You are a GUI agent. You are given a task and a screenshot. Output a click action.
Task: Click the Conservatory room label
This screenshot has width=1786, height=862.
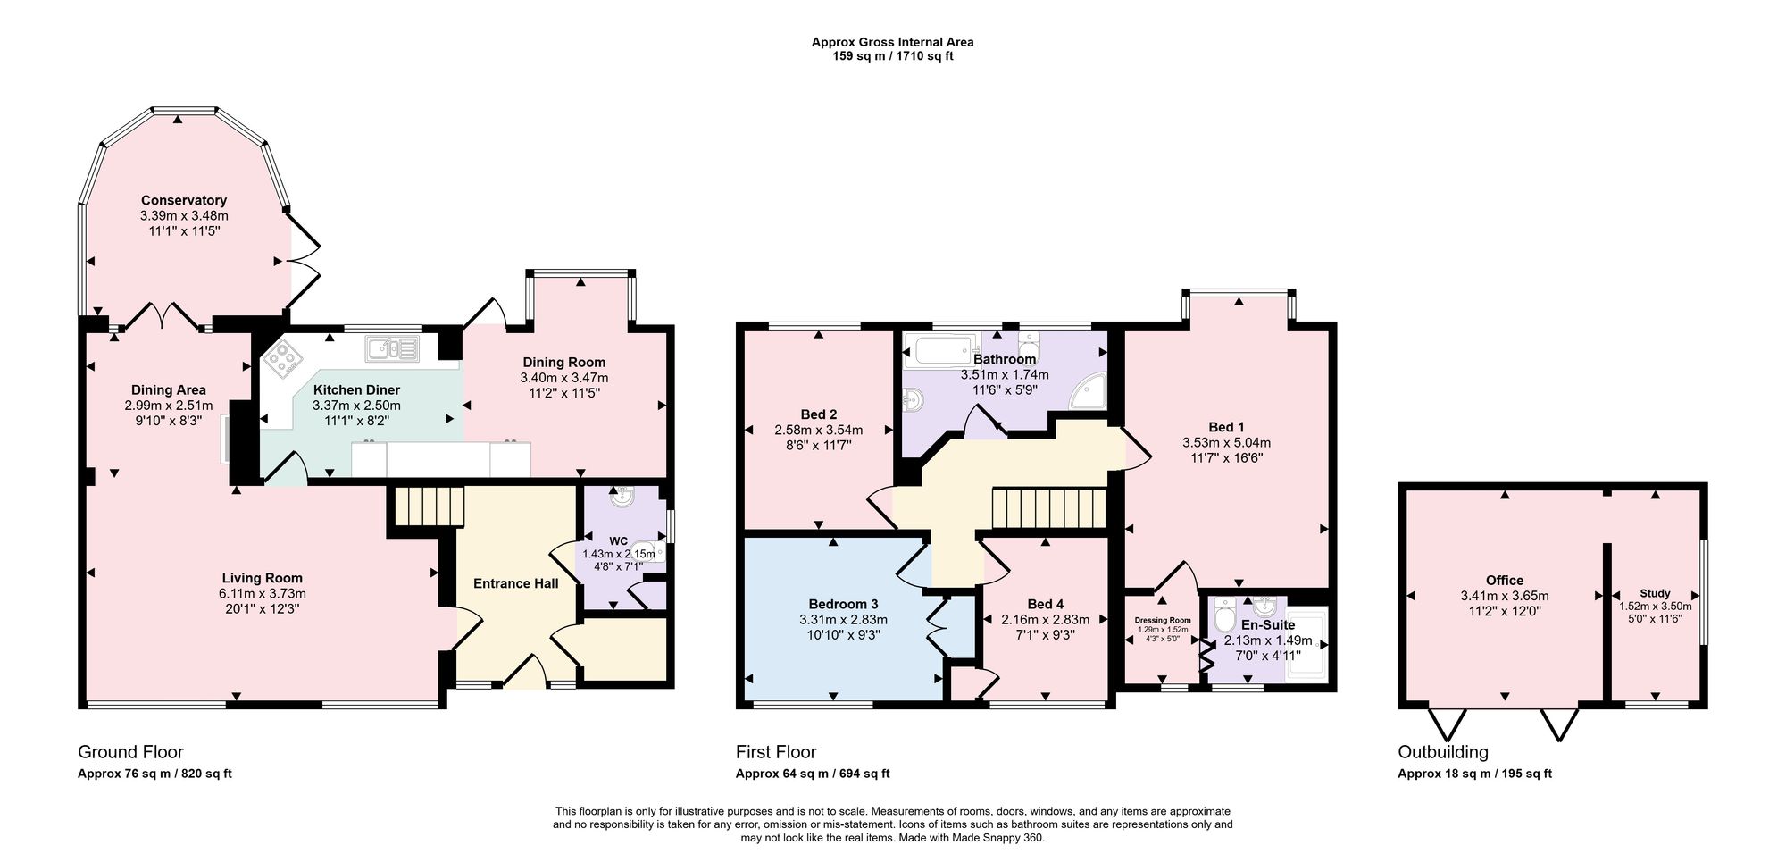184,200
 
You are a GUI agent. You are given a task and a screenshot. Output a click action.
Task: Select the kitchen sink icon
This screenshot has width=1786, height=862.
391,347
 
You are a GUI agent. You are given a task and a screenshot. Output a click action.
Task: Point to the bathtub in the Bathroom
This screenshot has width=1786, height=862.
942,350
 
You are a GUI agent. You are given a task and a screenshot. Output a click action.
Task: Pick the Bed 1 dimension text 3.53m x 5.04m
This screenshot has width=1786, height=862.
1226,442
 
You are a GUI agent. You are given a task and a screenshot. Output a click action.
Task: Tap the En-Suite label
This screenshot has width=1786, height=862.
1268,625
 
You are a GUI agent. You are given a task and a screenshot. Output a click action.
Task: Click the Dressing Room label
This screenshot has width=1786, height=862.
1163,620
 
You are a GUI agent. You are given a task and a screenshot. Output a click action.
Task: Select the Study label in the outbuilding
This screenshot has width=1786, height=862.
1655,593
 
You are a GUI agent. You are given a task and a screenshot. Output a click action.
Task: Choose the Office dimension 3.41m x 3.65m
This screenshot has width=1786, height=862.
1505,596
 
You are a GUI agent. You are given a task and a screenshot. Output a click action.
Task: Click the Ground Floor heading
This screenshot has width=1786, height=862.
130,752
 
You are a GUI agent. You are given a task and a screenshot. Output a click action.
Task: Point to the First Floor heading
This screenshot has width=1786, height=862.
776,752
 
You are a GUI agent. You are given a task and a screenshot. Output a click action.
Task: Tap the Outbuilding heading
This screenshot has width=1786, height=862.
1443,752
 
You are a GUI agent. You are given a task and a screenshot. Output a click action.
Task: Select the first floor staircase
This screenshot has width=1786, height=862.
1049,508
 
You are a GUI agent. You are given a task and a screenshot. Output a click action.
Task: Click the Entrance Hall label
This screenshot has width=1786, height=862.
515,583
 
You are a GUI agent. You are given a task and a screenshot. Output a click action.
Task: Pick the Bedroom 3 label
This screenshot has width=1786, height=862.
843,604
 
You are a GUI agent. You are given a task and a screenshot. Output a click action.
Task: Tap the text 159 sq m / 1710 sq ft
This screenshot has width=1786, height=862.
892,56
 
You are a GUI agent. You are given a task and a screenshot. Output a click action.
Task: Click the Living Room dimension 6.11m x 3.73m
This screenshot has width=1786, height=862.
263,593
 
